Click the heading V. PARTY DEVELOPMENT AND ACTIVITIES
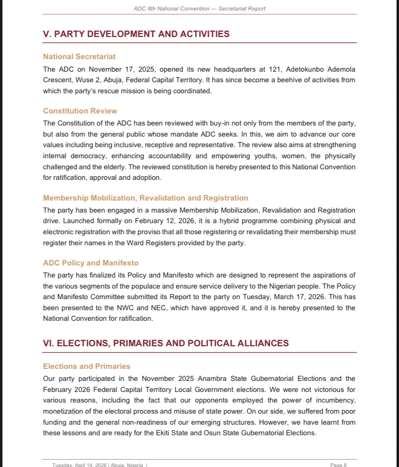(136, 34)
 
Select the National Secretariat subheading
(79, 57)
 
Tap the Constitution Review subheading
(80, 111)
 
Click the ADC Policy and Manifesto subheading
(91, 263)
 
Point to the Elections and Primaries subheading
(87, 366)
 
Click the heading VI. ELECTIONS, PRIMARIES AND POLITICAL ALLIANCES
(166, 343)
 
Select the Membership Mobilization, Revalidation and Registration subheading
(146, 198)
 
